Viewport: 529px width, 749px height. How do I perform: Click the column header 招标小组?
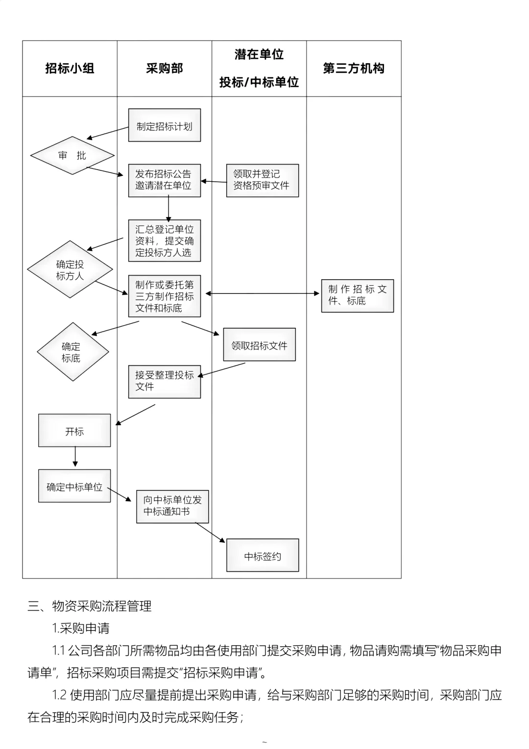70,69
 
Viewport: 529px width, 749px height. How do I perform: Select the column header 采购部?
164,69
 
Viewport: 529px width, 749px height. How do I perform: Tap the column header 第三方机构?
354,69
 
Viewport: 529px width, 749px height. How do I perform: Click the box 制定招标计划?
164,126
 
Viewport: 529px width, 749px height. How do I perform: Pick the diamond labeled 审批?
72,155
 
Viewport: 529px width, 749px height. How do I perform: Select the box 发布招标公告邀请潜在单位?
164,180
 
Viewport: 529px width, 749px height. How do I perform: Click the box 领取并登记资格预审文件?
262,180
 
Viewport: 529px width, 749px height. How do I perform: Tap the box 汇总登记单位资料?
164,241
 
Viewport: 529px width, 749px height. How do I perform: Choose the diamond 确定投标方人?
70,269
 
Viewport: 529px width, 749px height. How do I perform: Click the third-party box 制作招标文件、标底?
357,295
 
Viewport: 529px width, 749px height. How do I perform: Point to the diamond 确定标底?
72,352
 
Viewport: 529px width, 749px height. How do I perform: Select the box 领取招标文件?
259,345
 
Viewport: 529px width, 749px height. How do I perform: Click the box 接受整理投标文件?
164,381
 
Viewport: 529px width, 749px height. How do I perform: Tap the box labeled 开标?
74,431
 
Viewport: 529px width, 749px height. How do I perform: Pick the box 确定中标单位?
74,486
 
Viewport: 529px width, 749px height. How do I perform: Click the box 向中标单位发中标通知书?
172,506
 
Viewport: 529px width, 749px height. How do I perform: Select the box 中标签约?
262,556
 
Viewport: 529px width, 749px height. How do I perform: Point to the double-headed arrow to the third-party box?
262,293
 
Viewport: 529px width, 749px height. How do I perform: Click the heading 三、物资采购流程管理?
90,606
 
